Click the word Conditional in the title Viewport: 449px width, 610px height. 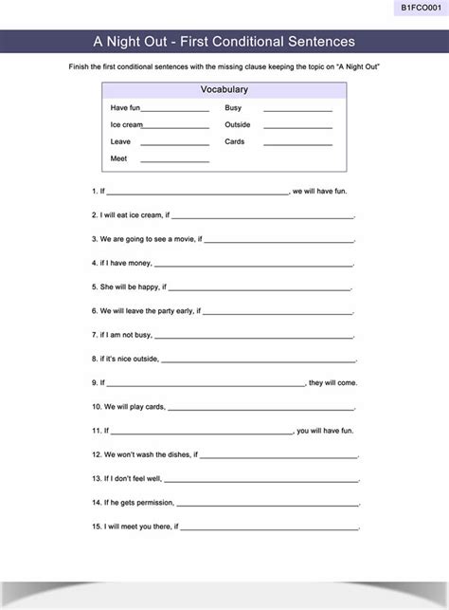click(250, 42)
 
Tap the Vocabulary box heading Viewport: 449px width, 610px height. click(224, 89)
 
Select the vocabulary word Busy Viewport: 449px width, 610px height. click(233, 108)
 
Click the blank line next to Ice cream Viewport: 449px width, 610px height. click(175, 126)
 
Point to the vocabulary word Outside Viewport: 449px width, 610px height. click(238, 124)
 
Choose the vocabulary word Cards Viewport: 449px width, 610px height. click(234, 141)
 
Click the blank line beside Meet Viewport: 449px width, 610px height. click(174, 160)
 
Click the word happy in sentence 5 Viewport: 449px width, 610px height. click(148, 287)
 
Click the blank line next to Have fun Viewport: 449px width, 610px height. click(175, 109)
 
